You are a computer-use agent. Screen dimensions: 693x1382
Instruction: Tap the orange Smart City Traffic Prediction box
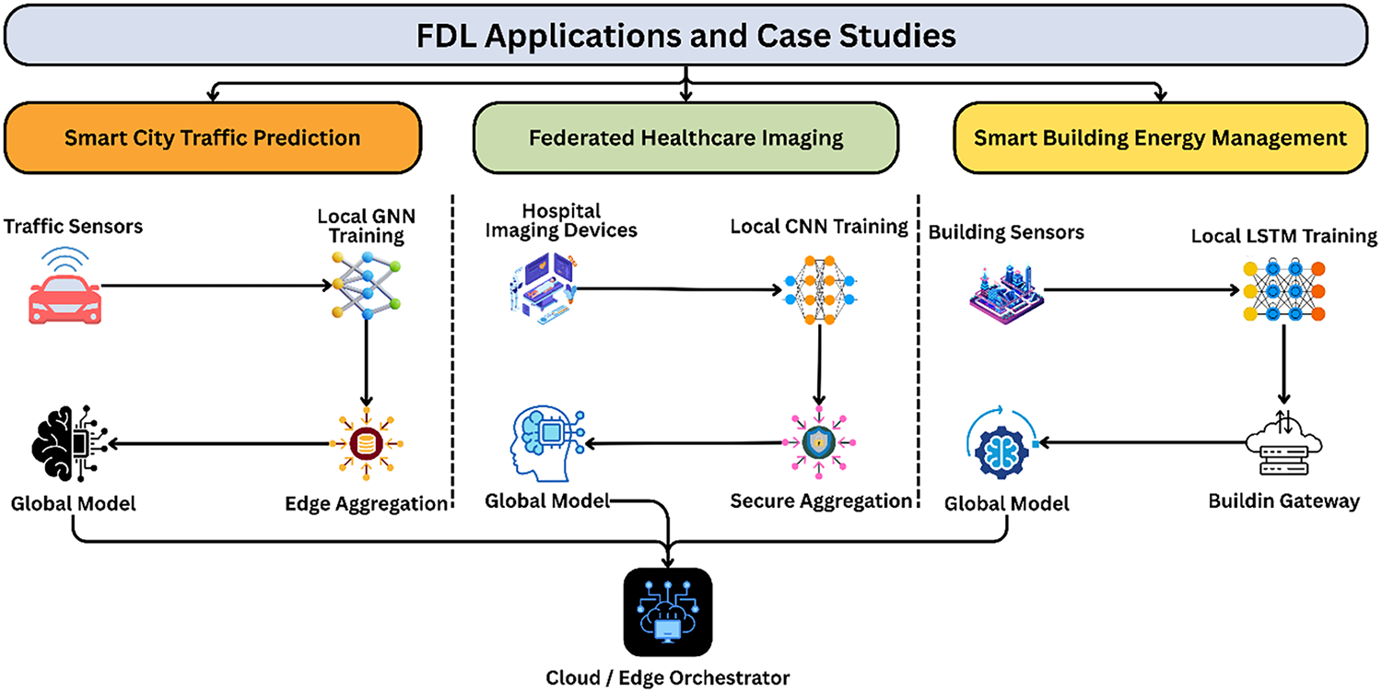(212, 138)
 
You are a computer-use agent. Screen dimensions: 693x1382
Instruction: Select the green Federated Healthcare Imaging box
(685, 138)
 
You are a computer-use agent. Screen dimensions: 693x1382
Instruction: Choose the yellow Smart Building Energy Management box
(1160, 138)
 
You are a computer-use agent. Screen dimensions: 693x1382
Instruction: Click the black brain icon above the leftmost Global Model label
(68, 444)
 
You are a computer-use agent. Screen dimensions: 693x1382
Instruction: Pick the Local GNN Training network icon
(367, 287)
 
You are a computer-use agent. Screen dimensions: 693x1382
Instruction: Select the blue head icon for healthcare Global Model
(545, 444)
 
